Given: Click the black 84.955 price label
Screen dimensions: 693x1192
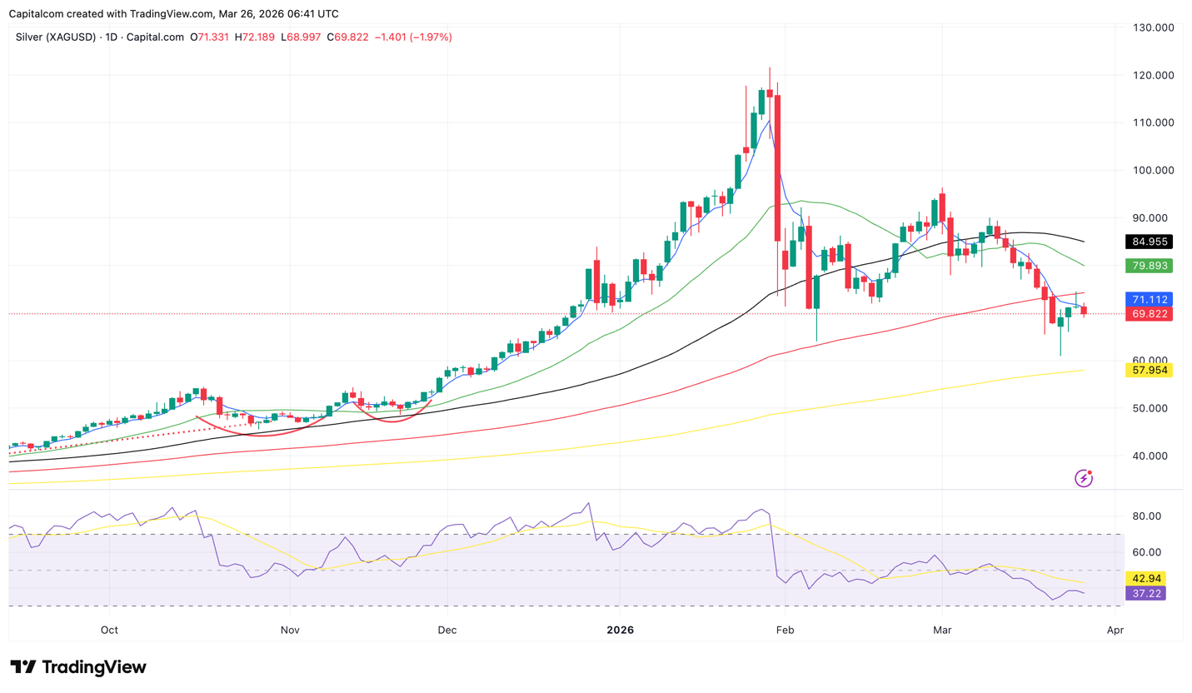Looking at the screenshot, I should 1149,242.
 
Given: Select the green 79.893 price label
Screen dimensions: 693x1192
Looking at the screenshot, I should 1149,267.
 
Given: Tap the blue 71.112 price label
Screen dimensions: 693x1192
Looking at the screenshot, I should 1149,299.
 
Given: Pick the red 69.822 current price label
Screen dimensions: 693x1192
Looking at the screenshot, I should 1149,314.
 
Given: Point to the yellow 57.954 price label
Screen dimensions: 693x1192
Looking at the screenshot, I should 1149,370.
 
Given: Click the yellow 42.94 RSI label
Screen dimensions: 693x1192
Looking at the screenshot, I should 1147,578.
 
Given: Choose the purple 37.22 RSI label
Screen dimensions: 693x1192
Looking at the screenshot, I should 1147,593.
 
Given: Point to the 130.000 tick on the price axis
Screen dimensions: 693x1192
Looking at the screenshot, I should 1150,27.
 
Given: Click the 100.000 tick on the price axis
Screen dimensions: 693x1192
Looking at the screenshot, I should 1150,171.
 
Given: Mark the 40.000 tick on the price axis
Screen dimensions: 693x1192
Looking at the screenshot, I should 1150,456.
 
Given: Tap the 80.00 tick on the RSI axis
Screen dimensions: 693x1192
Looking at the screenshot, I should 1147,516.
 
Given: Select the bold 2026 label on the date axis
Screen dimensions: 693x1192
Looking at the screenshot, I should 620,630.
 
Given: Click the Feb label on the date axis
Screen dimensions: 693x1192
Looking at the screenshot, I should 783,630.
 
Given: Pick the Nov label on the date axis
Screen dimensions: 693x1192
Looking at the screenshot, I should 289,630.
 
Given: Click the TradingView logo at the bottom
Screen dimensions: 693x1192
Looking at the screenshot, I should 78,667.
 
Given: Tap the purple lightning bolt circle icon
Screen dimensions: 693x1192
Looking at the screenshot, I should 1084,478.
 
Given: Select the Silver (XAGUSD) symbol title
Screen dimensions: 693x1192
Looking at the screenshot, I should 57,37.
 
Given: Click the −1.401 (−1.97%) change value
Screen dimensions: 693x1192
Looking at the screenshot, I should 413,37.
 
